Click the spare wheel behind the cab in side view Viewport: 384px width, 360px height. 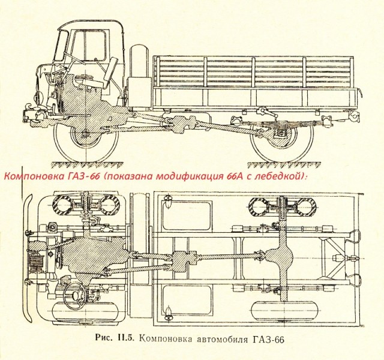[x=140, y=75]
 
